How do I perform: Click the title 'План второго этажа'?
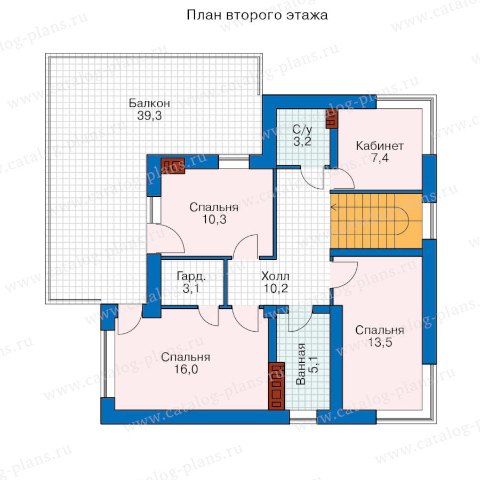[x=257, y=15]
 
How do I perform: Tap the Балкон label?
[x=149, y=103]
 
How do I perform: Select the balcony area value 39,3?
[x=149, y=115]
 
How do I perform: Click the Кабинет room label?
[x=380, y=146]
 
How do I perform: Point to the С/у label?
[x=302, y=130]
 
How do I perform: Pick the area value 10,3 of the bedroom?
[x=214, y=219]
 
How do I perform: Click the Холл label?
[x=275, y=276]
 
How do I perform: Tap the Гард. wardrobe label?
[x=191, y=276]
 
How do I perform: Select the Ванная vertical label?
[x=301, y=364]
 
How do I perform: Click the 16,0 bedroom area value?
[x=186, y=369]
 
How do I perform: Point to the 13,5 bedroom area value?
[x=380, y=342]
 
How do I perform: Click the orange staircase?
[x=376, y=221]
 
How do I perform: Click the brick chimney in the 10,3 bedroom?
[x=173, y=166]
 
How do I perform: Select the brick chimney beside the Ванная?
[x=276, y=386]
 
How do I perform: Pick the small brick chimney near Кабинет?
[x=332, y=119]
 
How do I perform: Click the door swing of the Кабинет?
[x=342, y=178]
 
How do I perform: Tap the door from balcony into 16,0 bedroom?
[x=130, y=319]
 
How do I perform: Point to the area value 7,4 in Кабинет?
[x=380, y=158]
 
